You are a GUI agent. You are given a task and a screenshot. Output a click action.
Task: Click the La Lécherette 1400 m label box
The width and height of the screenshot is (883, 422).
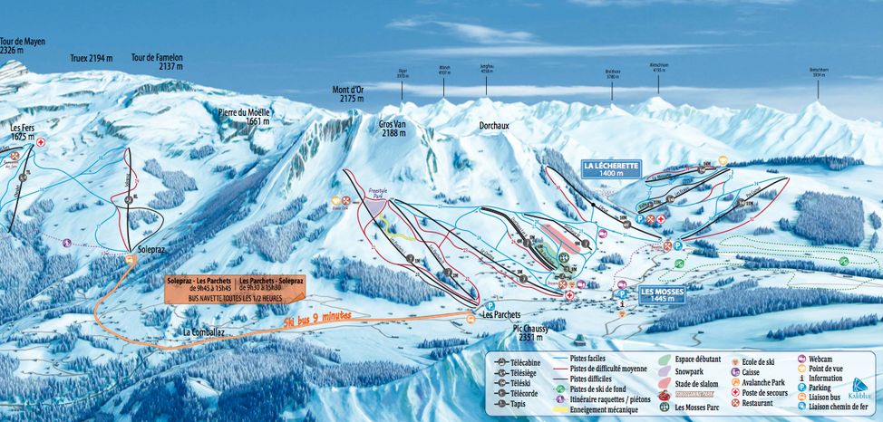(x=612, y=168)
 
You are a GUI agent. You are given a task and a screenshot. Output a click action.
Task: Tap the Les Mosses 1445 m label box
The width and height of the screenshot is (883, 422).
(x=664, y=293)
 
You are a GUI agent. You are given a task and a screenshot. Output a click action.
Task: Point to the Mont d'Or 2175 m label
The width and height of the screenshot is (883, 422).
(x=347, y=93)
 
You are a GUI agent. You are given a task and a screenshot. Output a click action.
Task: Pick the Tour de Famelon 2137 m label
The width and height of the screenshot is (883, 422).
(x=157, y=62)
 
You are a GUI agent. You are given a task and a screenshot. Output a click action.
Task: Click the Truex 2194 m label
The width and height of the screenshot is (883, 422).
(x=92, y=58)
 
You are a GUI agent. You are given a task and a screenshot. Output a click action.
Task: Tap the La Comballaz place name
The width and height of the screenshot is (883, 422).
(x=204, y=332)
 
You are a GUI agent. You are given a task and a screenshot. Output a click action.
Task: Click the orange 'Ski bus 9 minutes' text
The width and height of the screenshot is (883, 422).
(x=316, y=320)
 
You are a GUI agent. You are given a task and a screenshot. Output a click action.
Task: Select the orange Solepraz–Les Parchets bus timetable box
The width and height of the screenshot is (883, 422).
(x=235, y=289)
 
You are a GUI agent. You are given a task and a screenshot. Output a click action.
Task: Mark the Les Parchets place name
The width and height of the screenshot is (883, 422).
(x=501, y=315)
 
